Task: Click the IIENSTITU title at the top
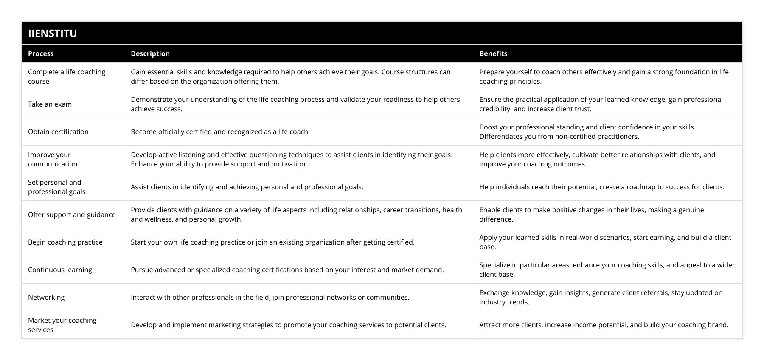click(53, 33)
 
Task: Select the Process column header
click(41, 53)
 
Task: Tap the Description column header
click(150, 53)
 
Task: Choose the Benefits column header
click(493, 53)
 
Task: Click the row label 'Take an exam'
click(50, 104)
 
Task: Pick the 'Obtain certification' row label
click(58, 132)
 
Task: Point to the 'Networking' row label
click(46, 297)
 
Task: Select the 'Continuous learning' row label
click(60, 270)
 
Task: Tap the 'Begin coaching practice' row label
click(65, 242)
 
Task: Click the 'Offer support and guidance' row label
click(72, 214)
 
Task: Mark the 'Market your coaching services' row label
click(62, 325)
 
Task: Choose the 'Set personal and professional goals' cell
click(56, 187)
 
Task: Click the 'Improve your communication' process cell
click(53, 159)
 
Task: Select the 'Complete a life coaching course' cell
click(67, 76)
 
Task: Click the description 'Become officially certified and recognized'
click(220, 132)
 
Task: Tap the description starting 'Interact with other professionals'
click(270, 297)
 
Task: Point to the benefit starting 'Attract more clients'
click(604, 325)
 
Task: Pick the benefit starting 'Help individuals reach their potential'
click(602, 187)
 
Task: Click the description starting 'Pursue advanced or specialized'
click(287, 270)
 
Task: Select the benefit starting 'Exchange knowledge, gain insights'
click(601, 297)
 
